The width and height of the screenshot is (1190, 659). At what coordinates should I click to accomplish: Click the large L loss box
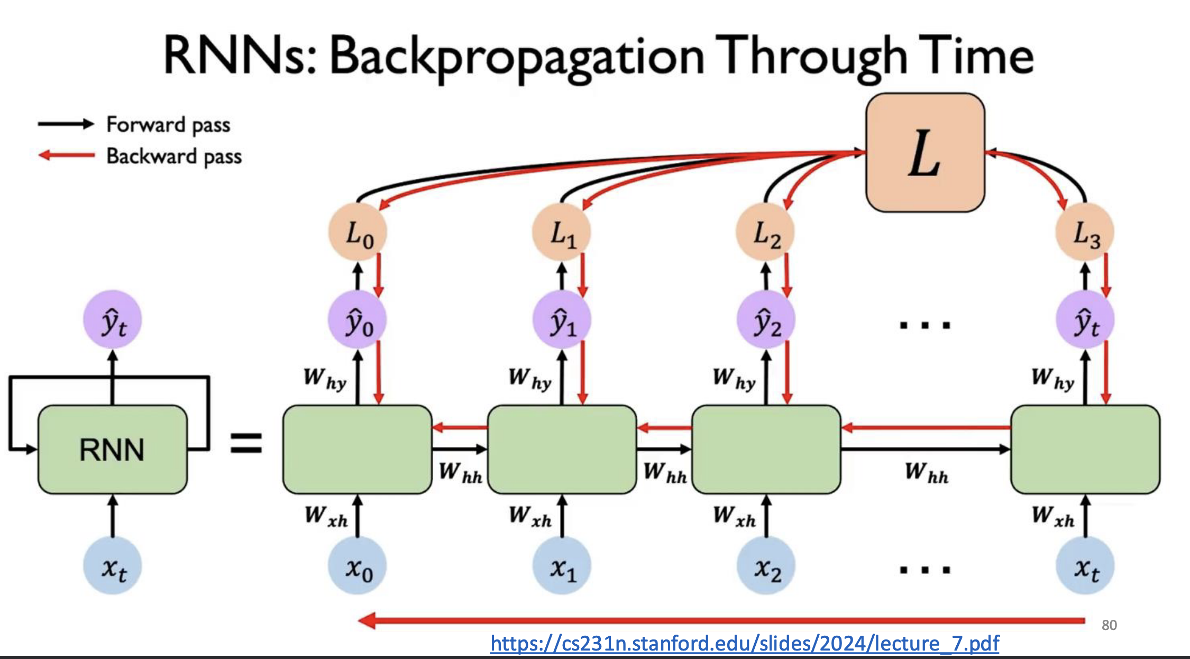pos(925,153)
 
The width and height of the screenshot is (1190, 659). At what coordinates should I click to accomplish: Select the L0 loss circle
pos(358,233)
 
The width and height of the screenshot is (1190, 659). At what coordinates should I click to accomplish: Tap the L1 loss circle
pos(562,233)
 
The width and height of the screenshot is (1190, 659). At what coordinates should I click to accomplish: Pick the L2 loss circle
pos(766,233)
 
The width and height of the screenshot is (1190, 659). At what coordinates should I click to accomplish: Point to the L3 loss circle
pos(1085,233)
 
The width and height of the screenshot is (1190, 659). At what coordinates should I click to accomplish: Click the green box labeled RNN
pos(112,450)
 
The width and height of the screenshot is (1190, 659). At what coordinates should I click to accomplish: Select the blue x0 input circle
pos(358,566)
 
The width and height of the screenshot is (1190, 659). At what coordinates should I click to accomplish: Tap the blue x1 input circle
pos(562,566)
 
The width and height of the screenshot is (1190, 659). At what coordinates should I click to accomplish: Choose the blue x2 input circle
pos(766,566)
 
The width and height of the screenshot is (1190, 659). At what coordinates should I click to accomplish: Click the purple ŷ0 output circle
pos(358,320)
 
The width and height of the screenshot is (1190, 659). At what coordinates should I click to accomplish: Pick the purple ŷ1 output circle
pos(562,320)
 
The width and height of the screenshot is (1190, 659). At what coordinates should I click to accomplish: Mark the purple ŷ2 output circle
pos(766,320)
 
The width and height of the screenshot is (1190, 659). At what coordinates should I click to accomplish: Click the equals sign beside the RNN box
pos(246,443)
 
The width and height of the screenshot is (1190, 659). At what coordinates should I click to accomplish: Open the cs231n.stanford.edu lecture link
pos(744,644)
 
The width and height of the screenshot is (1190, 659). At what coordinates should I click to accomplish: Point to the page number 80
pos(1109,625)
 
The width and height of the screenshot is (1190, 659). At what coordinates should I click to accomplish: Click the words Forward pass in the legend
pos(168,125)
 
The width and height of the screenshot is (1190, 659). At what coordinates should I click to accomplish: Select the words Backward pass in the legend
pos(174,157)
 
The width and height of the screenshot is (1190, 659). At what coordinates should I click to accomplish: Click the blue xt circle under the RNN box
pos(113,566)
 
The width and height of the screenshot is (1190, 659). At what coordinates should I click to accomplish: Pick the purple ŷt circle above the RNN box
pos(113,320)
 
